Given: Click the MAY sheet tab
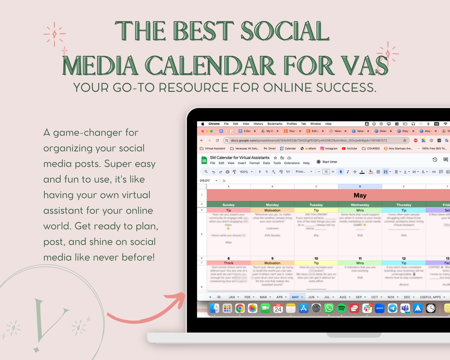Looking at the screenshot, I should click(295, 297).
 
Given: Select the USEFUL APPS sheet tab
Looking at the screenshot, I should click(430, 297).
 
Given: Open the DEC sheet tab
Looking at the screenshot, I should click(407, 297).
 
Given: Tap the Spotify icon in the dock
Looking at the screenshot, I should click(341, 308).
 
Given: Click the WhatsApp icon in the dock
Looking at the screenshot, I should click(329, 308).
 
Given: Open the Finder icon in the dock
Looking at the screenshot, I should click(214, 308).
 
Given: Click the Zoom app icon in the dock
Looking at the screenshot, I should click(380, 308).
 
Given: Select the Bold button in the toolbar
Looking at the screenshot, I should click(341, 172).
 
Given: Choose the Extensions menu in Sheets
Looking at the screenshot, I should click(292, 163).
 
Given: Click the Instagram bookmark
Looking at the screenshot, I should click(329, 148).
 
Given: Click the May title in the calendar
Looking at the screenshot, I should click(360, 195).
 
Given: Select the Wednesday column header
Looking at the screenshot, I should click(360, 205).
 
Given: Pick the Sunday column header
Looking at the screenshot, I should click(229, 205).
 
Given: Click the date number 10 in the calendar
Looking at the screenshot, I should click(316, 259).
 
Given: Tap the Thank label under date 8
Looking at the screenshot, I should click(229, 263).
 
